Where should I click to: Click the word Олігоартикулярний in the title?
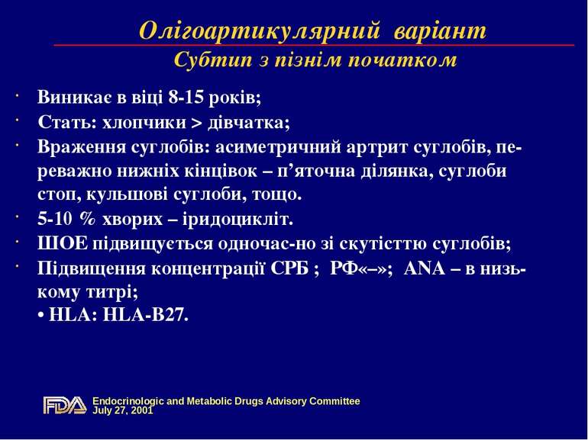260,31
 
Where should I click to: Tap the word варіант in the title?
439,31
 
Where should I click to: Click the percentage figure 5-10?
56,220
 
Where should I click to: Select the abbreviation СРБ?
288,268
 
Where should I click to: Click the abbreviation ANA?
425,268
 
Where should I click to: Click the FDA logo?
65,406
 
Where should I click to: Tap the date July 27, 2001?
122,410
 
